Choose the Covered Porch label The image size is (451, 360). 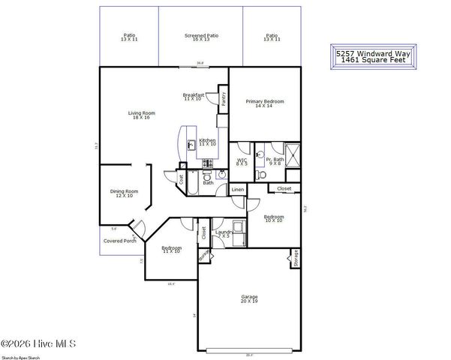tap(119, 241)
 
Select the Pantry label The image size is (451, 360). tap(224, 97)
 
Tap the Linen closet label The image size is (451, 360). tap(237, 190)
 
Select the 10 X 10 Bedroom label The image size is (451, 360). tap(273, 218)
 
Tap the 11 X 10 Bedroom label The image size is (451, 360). tap(171, 249)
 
